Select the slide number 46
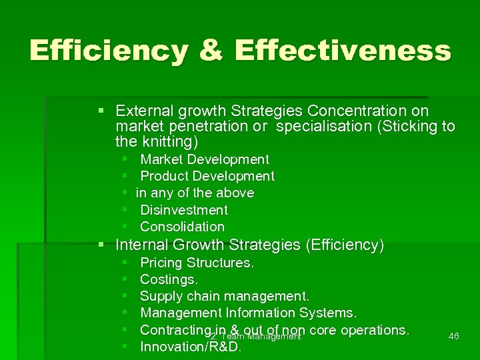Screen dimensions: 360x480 pos(454,337)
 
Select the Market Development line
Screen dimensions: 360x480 pos(205,159)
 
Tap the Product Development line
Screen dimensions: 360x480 pos(207,176)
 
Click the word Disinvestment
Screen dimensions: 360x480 pos(184,210)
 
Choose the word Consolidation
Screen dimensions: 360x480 pos(182,227)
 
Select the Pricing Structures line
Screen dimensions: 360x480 pos(197,263)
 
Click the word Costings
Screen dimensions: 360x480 pos(169,279)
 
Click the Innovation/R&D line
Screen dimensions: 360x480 pos(191,347)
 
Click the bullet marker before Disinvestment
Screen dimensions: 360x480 pos(126,210)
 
